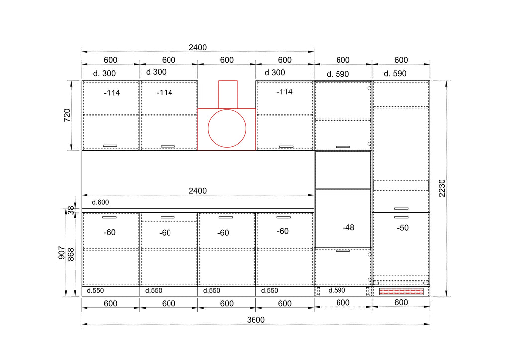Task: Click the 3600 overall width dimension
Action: tap(256, 320)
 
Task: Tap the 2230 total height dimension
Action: tap(442, 188)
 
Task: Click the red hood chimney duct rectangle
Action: tap(228, 94)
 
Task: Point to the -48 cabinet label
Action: tap(348, 228)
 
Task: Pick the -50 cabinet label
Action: tap(403, 228)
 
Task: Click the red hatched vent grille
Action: tap(401, 291)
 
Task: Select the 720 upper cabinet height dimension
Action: tap(67, 115)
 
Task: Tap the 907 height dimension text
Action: tap(61, 253)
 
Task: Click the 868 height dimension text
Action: tap(71, 254)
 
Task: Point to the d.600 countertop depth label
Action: tap(100, 202)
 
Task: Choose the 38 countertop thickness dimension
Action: tap(71, 211)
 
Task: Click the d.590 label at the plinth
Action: tap(337, 290)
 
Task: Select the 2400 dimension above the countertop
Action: tap(198, 191)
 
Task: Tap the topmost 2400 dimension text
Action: tap(198, 47)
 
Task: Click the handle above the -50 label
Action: tap(401, 217)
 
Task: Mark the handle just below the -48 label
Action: tap(343, 250)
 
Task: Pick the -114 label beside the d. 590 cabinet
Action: tap(284, 92)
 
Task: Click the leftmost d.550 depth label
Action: tap(95, 291)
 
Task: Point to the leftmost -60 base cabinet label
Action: tap(110, 232)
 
